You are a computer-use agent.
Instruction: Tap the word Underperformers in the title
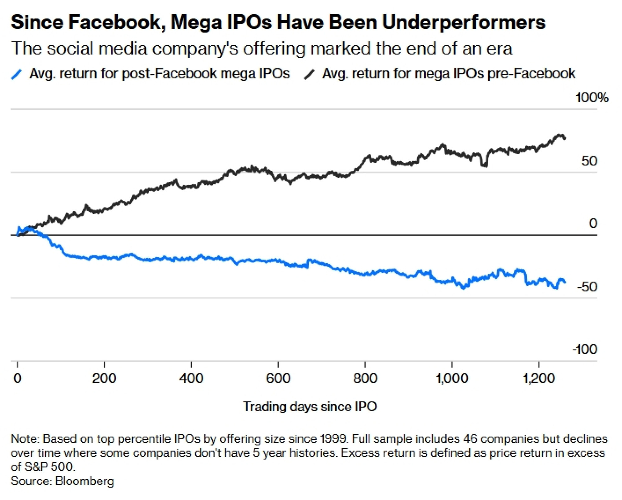[x=463, y=22]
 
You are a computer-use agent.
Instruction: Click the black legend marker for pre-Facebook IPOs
[x=309, y=75]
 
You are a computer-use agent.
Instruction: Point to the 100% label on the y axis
[x=592, y=98]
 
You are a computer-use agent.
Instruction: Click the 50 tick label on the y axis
[x=589, y=161]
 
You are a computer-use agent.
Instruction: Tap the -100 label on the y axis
[x=585, y=349]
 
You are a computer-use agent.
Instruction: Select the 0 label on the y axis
[x=593, y=223]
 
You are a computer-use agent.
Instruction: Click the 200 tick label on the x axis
[x=104, y=378]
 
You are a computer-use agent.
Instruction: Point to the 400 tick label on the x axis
[x=191, y=378]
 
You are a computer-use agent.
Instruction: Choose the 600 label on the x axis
[x=278, y=378]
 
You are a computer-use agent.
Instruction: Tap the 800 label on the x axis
[x=365, y=378]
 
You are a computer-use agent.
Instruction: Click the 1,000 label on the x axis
[x=452, y=378]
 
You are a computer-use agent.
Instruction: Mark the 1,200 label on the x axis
[x=539, y=378]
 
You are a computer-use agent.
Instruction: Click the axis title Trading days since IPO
[x=310, y=407]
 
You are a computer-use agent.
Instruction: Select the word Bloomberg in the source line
[x=85, y=481]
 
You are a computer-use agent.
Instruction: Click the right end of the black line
[x=565, y=138]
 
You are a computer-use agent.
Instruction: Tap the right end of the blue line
[x=565, y=282]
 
